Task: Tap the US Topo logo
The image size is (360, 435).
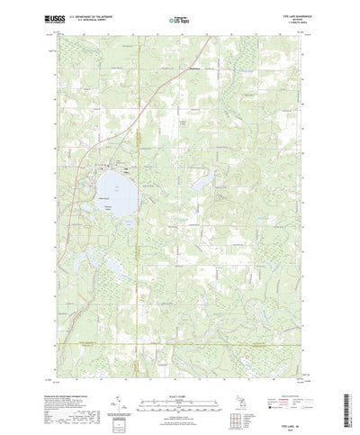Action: pos(176,18)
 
